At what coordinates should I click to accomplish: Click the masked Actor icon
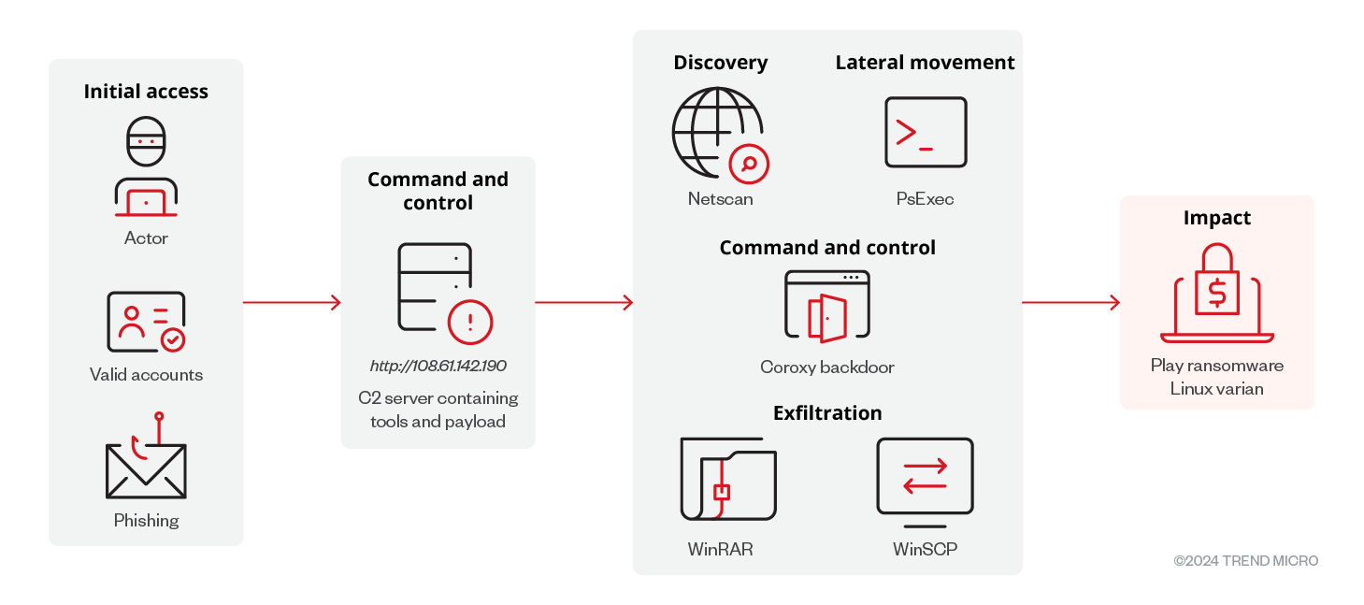(146, 166)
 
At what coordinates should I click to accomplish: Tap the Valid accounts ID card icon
(146, 322)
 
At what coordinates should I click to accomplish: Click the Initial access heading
(146, 92)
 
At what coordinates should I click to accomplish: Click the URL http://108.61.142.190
(438, 366)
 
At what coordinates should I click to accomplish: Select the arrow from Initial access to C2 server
(292, 302)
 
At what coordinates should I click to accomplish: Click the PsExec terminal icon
(926, 133)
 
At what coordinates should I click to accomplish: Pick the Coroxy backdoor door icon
(827, 305)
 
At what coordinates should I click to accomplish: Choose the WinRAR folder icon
(728, 479)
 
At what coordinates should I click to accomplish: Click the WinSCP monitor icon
(926, 478)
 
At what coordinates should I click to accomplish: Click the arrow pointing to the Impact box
(1070, 302)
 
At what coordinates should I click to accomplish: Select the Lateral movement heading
(925, 63)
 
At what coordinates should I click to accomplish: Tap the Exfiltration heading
(827, 413)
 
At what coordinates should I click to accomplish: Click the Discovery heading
(720, 63)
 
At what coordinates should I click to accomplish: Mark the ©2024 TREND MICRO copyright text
(1245, 561)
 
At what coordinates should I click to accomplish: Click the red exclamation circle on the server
(470, 323)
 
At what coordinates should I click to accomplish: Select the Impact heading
(1216, 218)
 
